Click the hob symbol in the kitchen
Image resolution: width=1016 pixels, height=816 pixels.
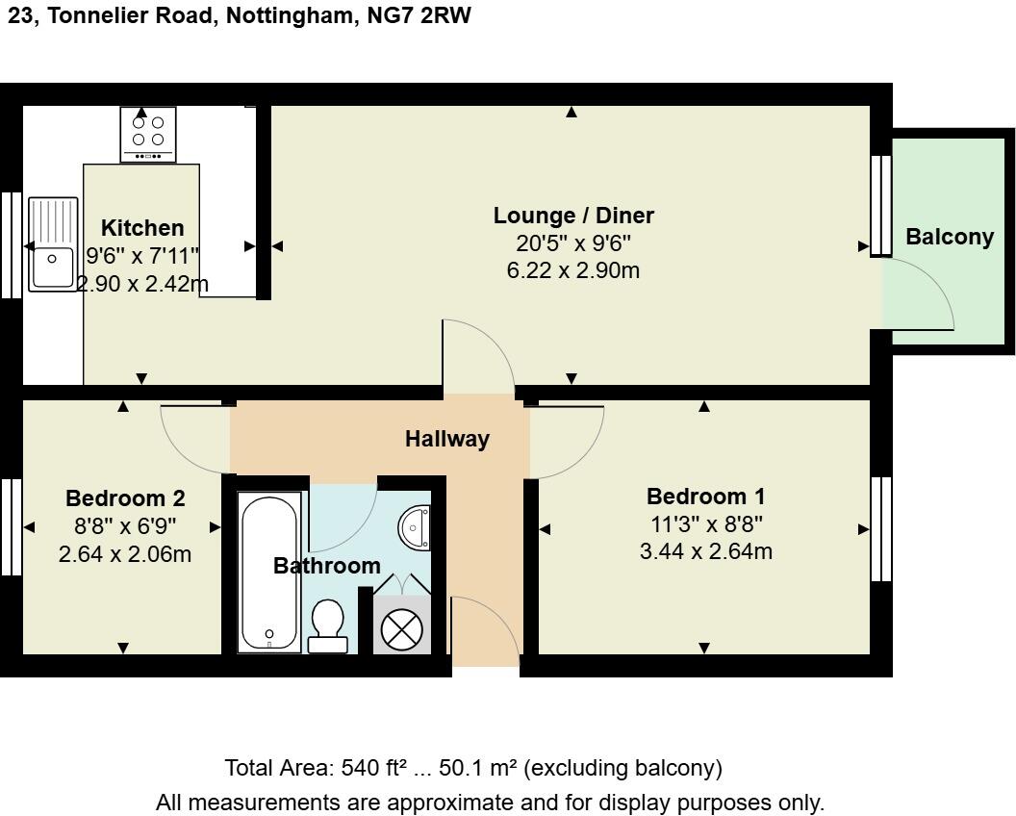(x=148, y=134)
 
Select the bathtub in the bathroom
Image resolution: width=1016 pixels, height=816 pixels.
(x=269, y=572)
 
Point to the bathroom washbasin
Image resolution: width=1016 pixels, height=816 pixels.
(x=416, y=526)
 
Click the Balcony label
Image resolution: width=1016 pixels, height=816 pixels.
(x=949, y=237)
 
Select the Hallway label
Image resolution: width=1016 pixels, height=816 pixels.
(x=446, y=440)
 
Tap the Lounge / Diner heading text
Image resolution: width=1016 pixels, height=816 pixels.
(x=573, y=216)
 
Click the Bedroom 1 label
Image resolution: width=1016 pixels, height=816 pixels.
(x=705, y=497)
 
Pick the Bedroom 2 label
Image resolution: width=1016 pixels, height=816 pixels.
(x=125, y=498)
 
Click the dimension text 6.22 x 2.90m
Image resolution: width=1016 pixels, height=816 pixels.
(x=573, y=271)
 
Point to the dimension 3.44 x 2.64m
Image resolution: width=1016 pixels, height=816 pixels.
(x=705, y=552)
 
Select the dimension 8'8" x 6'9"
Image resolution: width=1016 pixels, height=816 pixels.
(x=125, y=526)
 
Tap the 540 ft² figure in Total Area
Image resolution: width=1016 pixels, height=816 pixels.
(x=372, y=769)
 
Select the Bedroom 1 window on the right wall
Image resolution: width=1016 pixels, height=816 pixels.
(x=880, y=529)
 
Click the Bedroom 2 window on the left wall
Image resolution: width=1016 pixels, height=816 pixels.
(x=11, y=527)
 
